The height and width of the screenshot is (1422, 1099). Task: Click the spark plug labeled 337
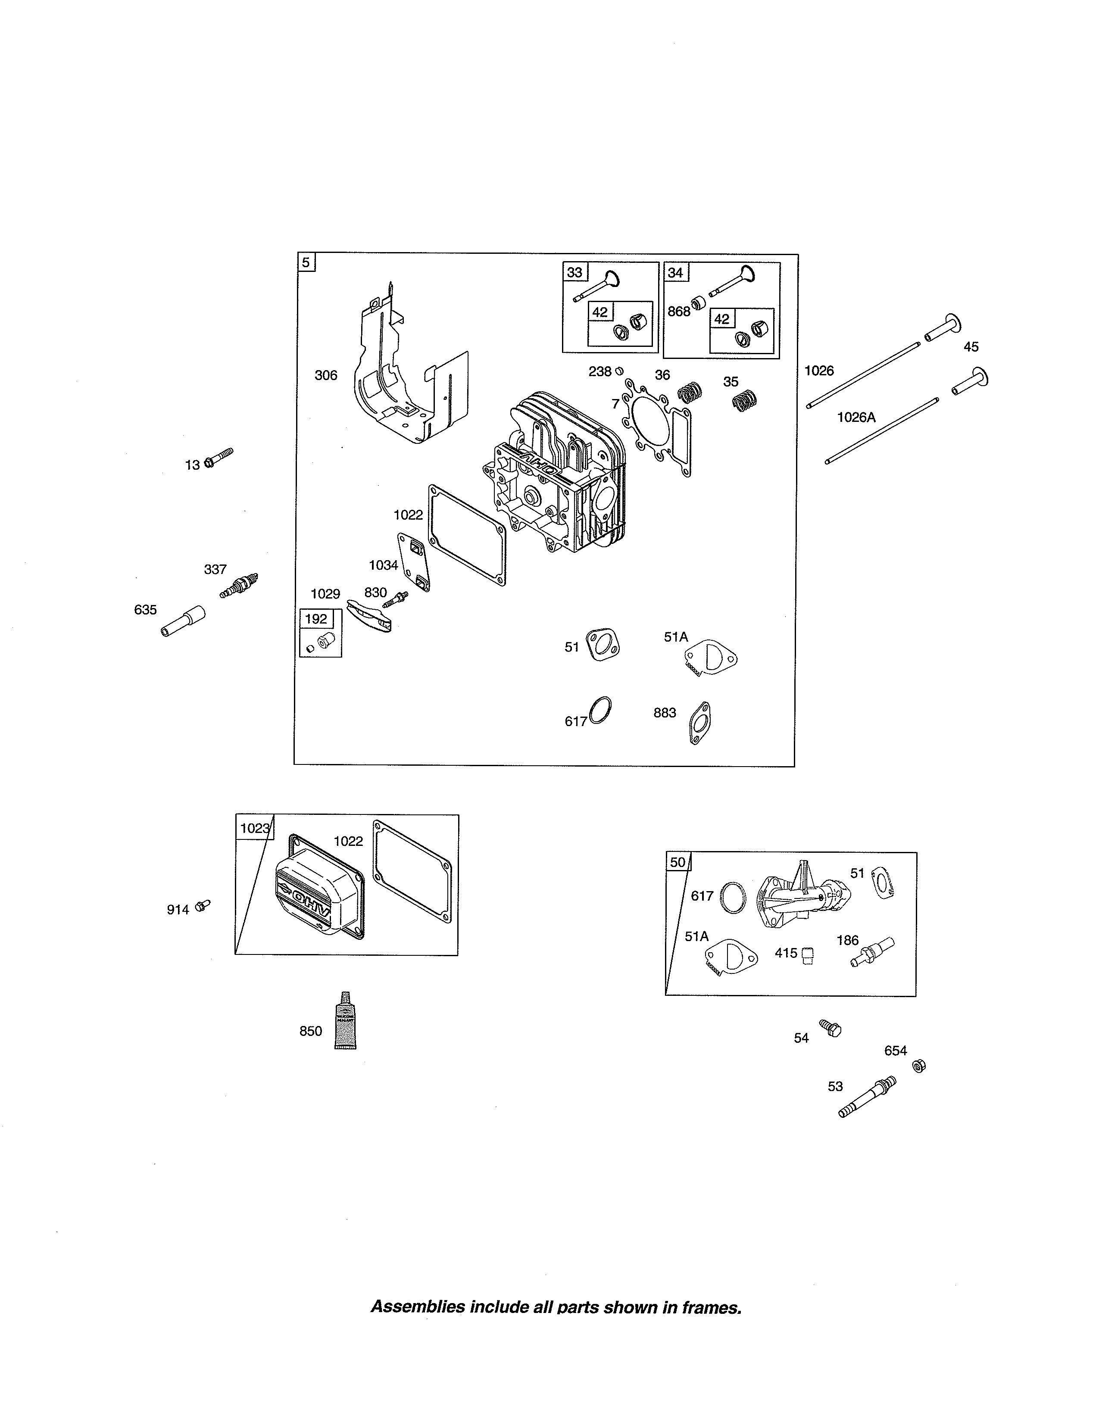[239, 585]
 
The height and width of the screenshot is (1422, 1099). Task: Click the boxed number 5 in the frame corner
[306, 263]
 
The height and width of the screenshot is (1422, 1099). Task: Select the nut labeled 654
[919, 1066]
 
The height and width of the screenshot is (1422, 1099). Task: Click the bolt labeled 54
[830, 1028]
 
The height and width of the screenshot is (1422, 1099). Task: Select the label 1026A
[856, 418]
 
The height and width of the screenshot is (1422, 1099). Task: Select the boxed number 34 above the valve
[675, 272]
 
